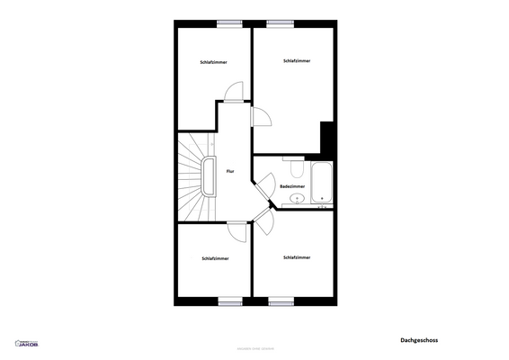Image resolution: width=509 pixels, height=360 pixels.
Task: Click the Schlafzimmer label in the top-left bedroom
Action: tap(213, 62)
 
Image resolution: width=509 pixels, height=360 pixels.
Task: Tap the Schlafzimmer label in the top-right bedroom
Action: tap(297, 61)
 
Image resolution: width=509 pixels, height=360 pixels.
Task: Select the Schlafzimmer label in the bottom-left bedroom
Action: tap(215, 258)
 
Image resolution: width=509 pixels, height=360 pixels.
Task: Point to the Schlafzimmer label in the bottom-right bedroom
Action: tap(297, 257)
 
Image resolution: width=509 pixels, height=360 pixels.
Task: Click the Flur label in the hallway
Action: tap(230, 171)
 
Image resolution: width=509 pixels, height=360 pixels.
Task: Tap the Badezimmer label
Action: tap(292, 186)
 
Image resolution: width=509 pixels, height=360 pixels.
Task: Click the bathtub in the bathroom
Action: tap(321, 184)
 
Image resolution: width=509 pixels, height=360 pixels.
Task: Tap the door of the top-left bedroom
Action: tap(234, 92)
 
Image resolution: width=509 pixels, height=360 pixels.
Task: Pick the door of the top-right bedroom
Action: tap(262, 114)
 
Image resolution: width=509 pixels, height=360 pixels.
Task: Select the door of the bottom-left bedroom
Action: tap(239, 231)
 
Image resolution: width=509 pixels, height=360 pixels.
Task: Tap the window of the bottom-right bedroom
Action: tap(281, 301)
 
